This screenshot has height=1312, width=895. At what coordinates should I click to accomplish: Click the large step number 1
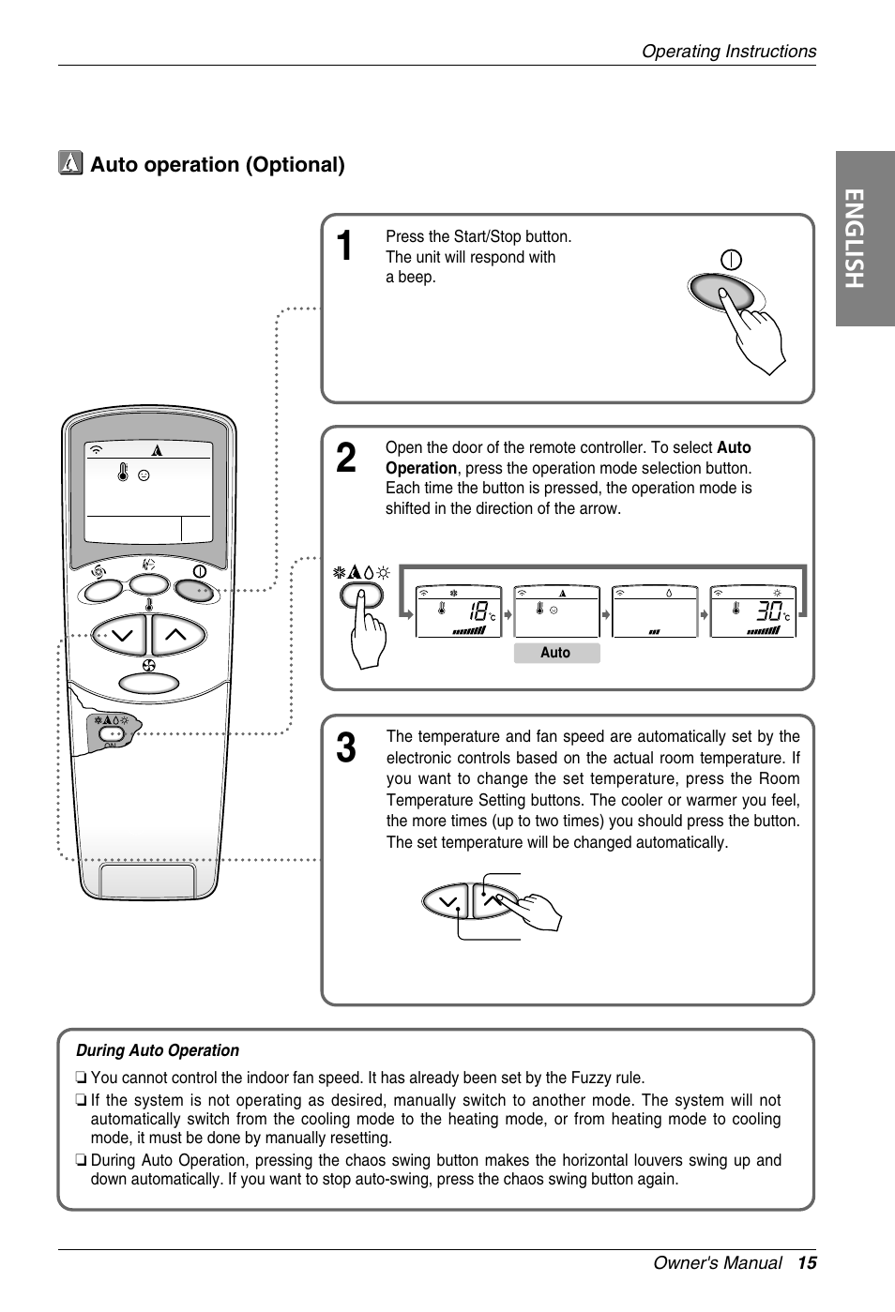(x=345, y=247)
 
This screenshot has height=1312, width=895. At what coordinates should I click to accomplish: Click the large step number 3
(x=345, y=748)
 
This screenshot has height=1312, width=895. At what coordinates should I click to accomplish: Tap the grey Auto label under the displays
(x=555, y=653)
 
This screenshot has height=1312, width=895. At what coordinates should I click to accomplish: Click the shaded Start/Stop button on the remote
(x=194, y=589)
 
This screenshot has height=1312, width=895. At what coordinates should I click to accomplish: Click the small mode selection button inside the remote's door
(x=112, y=735)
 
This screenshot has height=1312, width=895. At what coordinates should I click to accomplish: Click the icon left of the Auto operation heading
(x=70, y=164)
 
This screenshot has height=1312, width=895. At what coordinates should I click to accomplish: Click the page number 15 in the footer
(x=808, y=1262)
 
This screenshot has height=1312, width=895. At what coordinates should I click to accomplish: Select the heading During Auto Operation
(x=158, y=1050)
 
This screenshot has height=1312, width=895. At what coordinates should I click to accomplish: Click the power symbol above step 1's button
(x=731, y=260)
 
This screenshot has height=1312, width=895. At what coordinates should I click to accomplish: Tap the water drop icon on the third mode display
(x=669, y=593)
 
